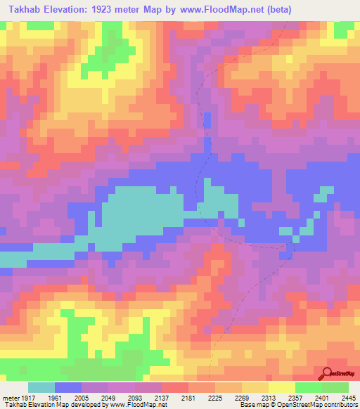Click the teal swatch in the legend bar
[x=41, y=387]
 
